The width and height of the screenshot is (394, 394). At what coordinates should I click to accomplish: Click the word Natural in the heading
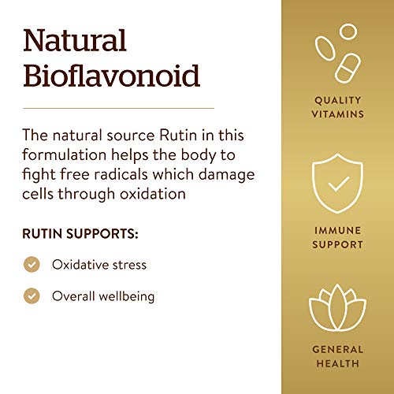click(75, 40)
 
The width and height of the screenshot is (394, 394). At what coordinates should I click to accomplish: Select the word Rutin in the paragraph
click(178, 136)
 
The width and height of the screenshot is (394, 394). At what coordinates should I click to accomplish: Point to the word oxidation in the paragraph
click(153, 194)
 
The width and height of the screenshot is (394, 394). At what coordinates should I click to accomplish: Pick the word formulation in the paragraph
click(64, 154)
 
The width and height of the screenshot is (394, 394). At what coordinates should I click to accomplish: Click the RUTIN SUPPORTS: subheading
click(80, 234)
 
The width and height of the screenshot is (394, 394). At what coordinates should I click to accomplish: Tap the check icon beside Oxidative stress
click(32, 264)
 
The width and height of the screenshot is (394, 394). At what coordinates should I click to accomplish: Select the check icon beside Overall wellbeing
click(32, 296)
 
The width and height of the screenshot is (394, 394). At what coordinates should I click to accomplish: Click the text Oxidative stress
click(99, 265)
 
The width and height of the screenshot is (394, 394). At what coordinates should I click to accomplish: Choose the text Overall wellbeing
click(103, 296)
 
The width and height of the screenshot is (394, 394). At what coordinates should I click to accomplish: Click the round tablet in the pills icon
click(348, 32)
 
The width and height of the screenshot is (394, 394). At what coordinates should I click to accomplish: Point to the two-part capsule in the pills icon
click(348, 69)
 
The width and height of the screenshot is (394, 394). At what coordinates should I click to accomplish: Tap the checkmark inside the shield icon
click(339, 184)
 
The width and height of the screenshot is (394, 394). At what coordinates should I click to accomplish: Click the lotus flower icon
click(337, 308)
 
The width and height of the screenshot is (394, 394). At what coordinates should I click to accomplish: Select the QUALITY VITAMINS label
click(338, 107)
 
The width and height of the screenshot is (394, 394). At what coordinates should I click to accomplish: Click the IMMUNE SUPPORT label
click(338, 237)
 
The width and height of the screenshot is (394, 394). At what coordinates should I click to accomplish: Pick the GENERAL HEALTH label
click(338, 356)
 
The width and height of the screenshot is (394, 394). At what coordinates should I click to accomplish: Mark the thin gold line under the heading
click(118, 108)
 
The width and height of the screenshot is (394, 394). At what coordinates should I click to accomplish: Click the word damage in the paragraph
click(226, 176)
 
